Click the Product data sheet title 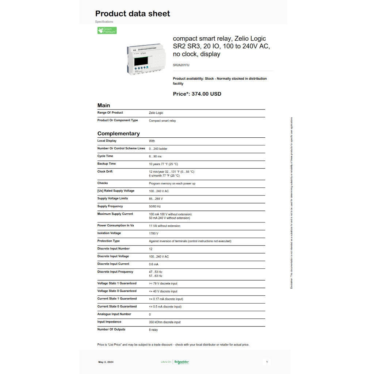[x=133, y=14]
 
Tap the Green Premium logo [x=107, y=31]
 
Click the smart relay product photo [x=145, y=59]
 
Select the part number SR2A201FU [x=181, y=65]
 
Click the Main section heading [x=104, y=106]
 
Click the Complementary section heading [x=118, y=134]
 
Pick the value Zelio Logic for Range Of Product [x=156, y=113]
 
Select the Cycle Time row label [x=105, y=156]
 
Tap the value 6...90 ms [x=155, y=156]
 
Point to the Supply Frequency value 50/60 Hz [x=155, y=206]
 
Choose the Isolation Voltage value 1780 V [x=154, y=233]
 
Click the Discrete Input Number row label [x=113, y=248]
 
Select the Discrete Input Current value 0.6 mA [x=154, y=264]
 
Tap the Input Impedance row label [x=109, y=322]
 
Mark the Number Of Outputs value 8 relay [x=153, y=330]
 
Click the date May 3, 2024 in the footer [x=106, y=362]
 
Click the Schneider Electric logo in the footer [x=182, y=362]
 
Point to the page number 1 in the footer [x=267, y=362]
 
